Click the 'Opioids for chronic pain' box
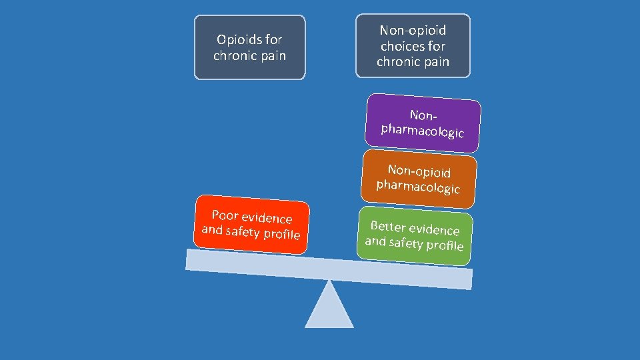coord(249,47)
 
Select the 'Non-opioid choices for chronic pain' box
coord(413,46)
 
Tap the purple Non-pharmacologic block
coord(423,123)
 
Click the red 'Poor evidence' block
coord(251,225)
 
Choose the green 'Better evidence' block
coord(415,236)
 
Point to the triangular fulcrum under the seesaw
coord(329,309)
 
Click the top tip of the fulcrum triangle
coord(329,282)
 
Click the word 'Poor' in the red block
coord(225,215)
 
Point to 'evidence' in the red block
coord(267,218)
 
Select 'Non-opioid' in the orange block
coord(419,171)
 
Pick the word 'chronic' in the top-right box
coord(399,62)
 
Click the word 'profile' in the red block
coord(282,235)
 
